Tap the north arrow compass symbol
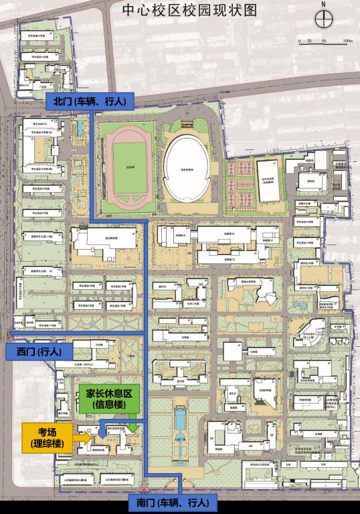point(323,19)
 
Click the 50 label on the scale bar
point(323,41)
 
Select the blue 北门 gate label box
point(90,101)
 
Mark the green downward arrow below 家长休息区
point(132,424)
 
